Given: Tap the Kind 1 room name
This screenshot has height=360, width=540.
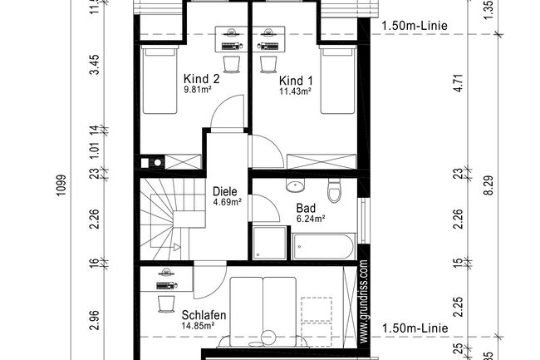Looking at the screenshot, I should (297, 81).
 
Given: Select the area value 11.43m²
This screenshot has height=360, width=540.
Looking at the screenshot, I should (296, 92).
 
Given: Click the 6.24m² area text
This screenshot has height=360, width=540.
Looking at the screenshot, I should (309, 219).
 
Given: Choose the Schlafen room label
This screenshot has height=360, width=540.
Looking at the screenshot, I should (204, 315).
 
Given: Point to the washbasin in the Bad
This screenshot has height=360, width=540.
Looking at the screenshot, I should (294, 185).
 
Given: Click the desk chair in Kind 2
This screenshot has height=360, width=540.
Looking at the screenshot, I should (232, 63).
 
